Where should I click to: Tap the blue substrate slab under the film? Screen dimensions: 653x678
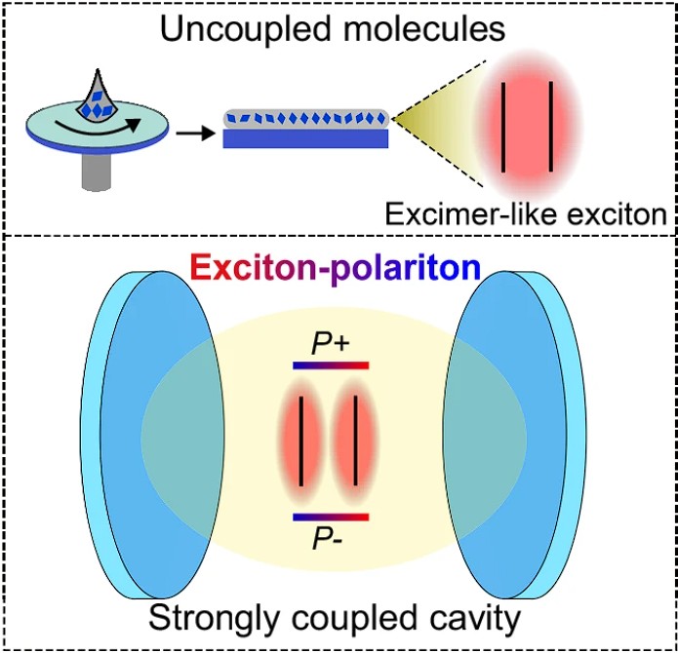coord(306,138)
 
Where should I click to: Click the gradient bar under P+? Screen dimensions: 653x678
coord(331,365)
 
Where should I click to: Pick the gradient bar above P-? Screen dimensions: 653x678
coord(331,516)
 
